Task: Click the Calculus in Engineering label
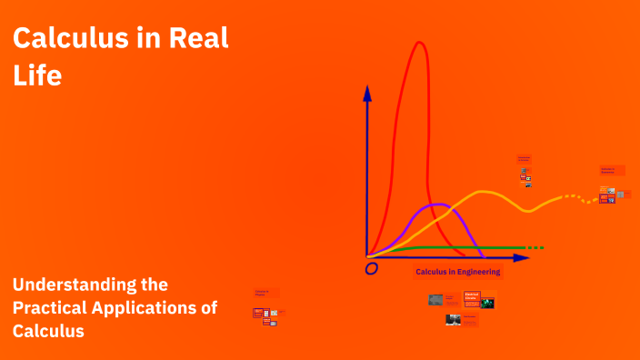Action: click(x=458, y=272)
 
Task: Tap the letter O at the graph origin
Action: click(x=371, y=269)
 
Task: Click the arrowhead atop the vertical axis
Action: click(x=367, y=92)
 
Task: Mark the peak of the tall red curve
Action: click(x=420, y=43)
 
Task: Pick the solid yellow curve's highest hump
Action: click(x=486, y=192)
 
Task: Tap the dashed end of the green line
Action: click(x=535, y=247)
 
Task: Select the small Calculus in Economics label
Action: click(x=606, y=170)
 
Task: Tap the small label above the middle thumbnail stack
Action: click(x=524, y=158)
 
